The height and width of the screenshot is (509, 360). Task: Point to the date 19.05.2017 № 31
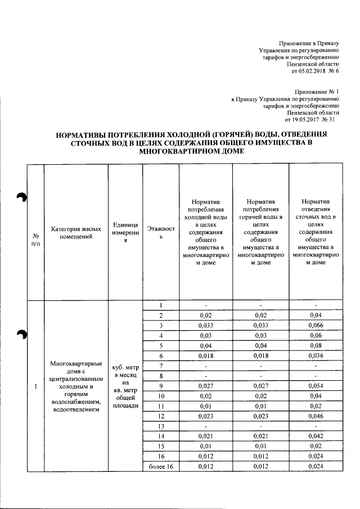[311, 120]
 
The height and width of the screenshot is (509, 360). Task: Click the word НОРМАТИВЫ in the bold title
[84, 135]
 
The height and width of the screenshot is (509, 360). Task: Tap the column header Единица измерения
[125, 232]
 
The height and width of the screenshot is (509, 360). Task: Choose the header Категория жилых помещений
[76, 232]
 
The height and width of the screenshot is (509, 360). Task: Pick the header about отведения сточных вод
[315, 232]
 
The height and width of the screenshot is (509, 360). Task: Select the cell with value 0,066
[315, 326]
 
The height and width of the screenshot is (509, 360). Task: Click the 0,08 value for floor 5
[315, 345]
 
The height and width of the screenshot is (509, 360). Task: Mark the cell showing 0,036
[315, 355]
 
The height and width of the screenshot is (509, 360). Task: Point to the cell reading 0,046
[315, 416]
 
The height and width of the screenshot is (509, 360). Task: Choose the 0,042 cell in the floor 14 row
[315, 436]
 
